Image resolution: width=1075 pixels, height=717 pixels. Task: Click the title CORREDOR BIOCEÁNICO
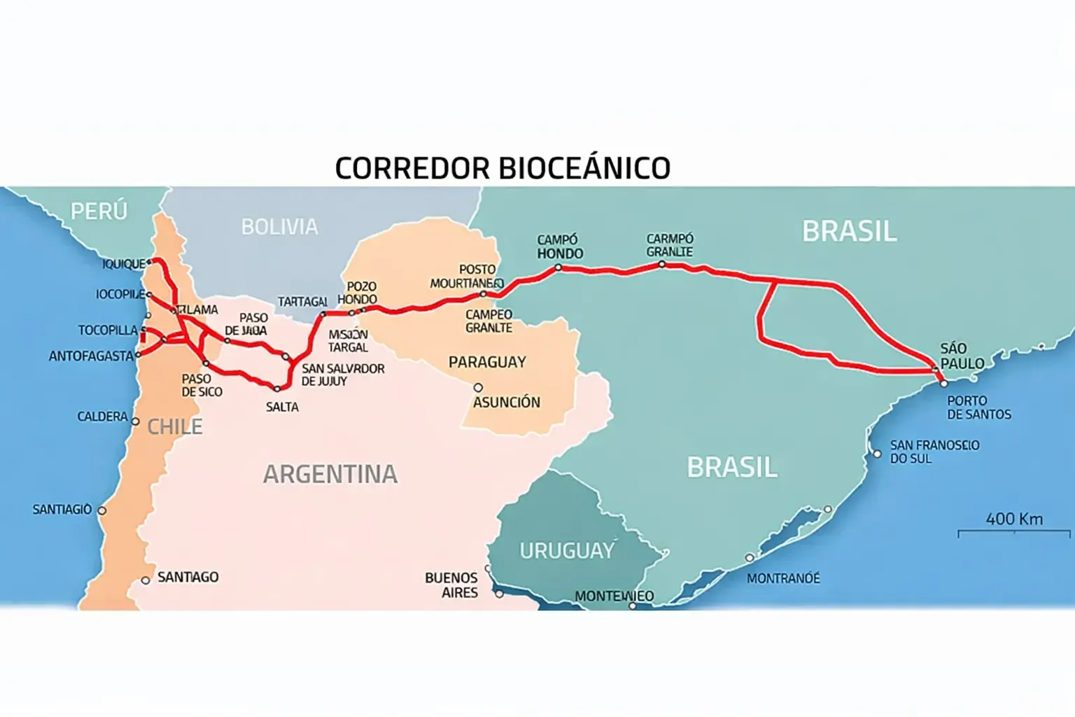(503, 169)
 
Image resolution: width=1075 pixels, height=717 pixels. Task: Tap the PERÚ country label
(99, 211)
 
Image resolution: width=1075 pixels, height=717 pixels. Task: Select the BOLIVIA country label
(279, 227)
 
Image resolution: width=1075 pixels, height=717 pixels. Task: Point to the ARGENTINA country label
(330, 475)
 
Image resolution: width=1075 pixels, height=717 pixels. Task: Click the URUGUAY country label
(567, 551)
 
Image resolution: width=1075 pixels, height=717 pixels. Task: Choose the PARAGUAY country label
(487, 362)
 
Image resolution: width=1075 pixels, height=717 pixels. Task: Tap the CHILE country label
(175, 426)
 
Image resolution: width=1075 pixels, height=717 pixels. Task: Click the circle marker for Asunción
(478, 387)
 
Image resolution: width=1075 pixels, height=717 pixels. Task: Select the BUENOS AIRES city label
(451, 585)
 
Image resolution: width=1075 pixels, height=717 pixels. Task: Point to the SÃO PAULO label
(962, 356)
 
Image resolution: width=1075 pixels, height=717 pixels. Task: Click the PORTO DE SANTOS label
(978, 408)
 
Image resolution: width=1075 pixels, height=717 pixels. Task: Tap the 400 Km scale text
(1014, 519)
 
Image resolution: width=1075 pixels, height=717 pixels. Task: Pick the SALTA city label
(282, 407)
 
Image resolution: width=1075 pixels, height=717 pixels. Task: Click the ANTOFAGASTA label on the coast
(91, 356)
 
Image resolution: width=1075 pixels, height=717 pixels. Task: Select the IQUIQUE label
(124, 264)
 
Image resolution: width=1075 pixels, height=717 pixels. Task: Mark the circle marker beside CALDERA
(136, 422)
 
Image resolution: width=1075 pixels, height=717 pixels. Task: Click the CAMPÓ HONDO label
(560, 246)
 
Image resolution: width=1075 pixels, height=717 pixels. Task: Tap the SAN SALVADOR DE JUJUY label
(343, 375)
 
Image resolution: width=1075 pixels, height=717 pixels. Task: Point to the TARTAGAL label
(302, 302)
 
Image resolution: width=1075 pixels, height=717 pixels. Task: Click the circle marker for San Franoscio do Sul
(877, 454)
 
